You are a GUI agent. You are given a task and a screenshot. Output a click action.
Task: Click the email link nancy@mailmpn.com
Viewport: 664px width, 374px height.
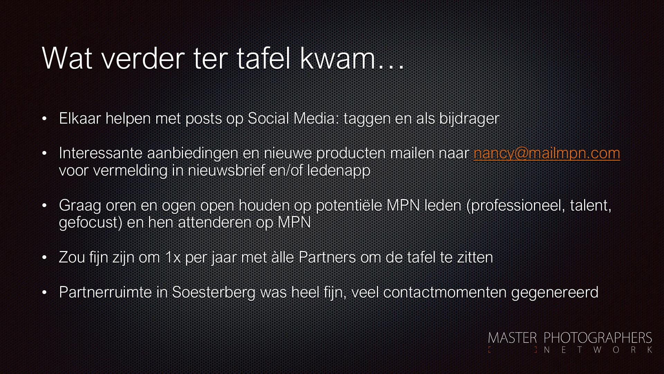(547, 153)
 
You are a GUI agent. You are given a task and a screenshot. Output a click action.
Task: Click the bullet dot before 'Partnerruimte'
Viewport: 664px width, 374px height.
(44, 293)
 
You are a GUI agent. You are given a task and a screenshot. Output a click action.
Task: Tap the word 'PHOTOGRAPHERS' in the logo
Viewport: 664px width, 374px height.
(598, 338)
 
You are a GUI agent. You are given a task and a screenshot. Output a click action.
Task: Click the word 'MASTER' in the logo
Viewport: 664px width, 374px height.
(513, 338)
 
